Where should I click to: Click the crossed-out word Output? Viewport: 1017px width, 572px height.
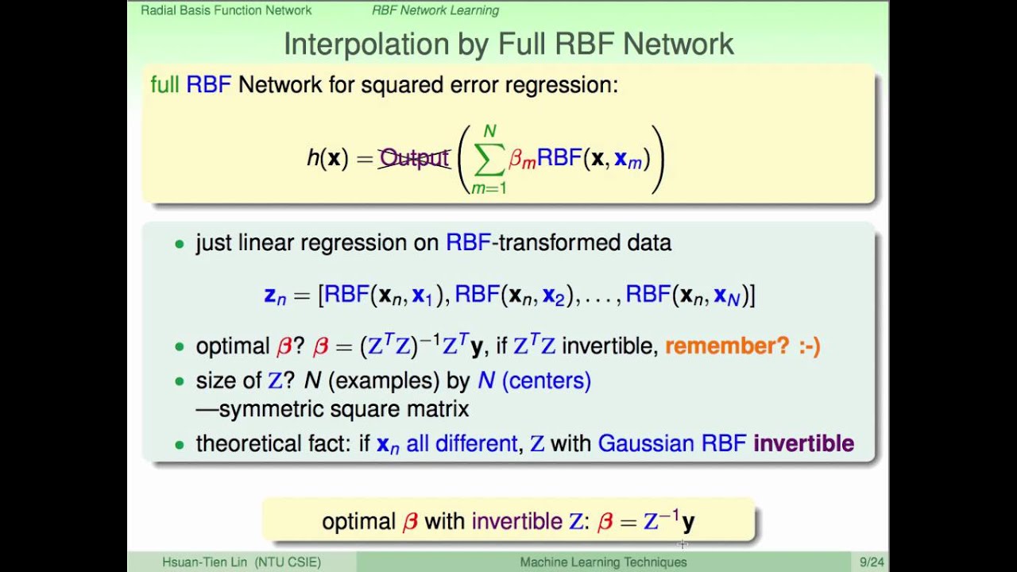[x=414, y=158]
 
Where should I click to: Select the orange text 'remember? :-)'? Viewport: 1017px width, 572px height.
[x=742, y=346]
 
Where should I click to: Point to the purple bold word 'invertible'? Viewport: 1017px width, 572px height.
[x=803, y=443]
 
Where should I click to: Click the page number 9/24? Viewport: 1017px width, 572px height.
[x=872, y=562]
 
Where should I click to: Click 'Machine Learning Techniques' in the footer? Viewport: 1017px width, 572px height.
[x=603, y=562]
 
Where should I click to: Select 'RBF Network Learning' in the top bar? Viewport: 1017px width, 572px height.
[x=435, y=10]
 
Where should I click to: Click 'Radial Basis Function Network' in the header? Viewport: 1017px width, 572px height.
[x=226, y=10]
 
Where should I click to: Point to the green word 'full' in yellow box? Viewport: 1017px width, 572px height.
[x=164, y=85]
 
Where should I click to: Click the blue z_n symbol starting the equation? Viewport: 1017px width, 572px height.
[x=274, y=296]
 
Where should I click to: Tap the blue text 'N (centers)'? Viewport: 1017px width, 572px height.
[x=534, y=381]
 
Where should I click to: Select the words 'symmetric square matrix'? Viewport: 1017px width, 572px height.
[x=343, y=409]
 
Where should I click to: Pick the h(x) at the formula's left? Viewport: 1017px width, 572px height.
[x=327, y=158]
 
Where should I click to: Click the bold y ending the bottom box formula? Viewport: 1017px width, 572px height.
[x=688, y=522]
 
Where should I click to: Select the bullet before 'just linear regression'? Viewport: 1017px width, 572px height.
[x=180, y=244]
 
